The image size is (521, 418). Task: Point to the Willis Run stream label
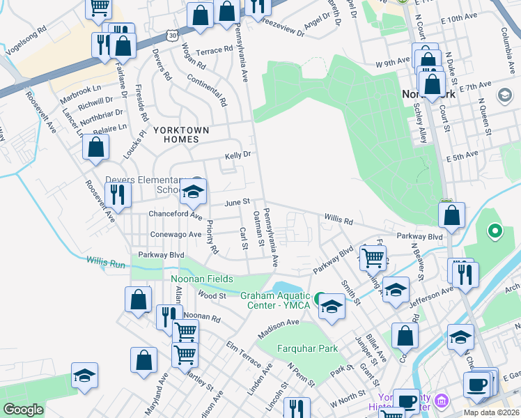click(106, 262)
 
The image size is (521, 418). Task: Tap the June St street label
click(237, 202)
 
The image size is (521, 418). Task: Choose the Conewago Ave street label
click(176, 234)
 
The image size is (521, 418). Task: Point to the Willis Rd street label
click(338, 220)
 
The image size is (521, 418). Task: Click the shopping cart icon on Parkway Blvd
click(373, 257)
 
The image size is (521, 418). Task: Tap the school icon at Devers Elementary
click(193, 193)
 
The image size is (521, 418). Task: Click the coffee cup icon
click(477, 384)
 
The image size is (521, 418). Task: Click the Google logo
click(24, 410)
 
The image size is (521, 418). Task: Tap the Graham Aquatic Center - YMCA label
click(274, 300)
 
